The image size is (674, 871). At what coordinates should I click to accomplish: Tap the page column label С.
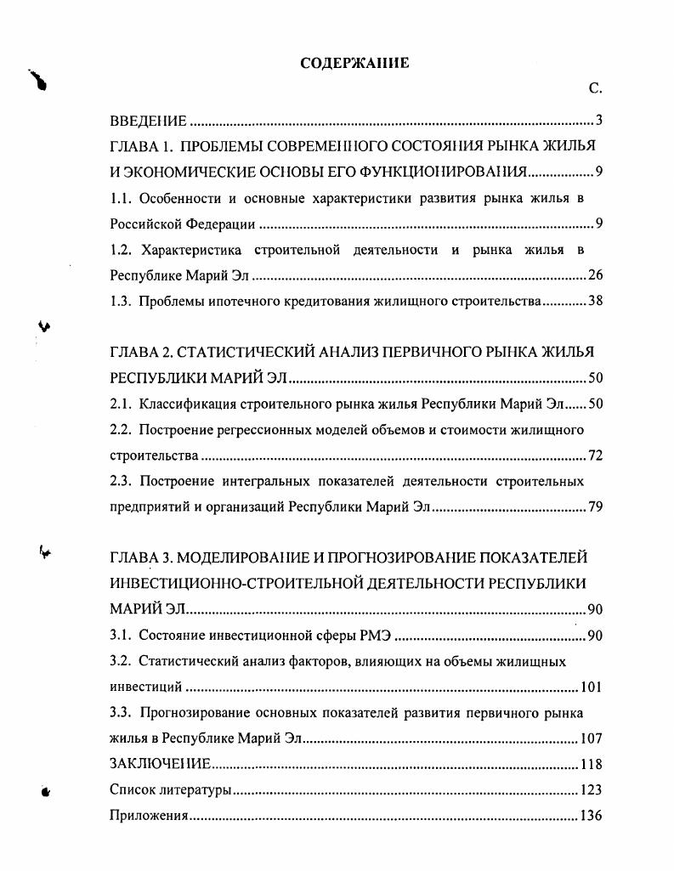[x=595, y=88]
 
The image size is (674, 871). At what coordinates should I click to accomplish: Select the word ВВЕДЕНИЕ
[x=149, y=120]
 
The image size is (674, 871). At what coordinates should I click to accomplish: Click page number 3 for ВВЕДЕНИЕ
[x=598, y=120]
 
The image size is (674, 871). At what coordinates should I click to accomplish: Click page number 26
[x=595, y=276]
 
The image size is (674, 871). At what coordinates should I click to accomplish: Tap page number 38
[x=595, y=302]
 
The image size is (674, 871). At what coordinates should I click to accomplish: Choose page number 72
[x=595, y=455]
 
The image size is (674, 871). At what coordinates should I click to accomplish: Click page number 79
[x=595, y=507]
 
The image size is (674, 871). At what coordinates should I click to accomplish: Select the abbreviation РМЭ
[x=377, y=636]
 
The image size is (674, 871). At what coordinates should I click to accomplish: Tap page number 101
[x=591, y=687]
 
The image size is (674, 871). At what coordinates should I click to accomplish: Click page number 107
[x=591, y=738]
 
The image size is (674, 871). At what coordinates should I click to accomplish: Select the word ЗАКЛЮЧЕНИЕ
[x=161, y=764]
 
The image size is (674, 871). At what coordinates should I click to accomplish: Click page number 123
[x=591, y=790]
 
